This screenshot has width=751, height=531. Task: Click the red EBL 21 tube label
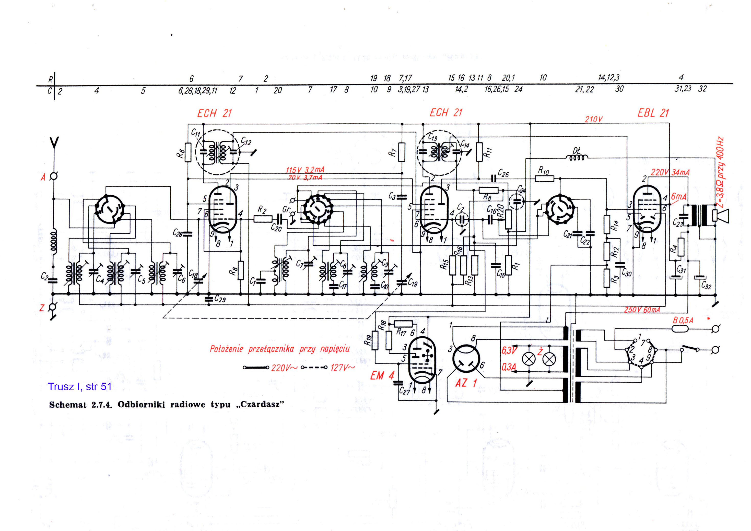click(653, 113)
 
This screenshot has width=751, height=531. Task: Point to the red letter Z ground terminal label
click(42, 308)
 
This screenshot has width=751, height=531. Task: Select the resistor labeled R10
click(544, 179)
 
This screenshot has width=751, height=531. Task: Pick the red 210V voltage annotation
click(593, 119)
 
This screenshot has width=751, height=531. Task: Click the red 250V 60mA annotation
click(642, 310)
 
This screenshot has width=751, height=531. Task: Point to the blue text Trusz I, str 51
click(79, 387)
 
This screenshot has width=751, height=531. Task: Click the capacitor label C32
click(706, 286)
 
